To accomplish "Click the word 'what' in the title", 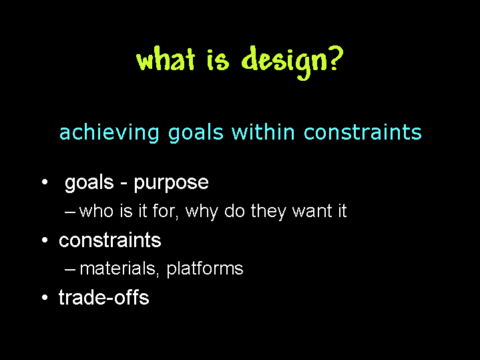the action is click(x=166, y=59).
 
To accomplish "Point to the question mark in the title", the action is click(x=336, y=59).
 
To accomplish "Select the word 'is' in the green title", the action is click(x=218, y=60).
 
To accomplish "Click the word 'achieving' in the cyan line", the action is click(x=109, y=133).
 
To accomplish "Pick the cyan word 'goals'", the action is click(x=196, y=133).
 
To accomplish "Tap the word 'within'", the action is click(x=263, y=132).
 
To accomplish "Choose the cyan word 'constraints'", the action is click(x=363, y=132).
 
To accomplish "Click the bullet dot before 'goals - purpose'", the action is click(x=45, y=182).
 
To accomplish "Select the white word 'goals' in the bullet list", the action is click(x=89, y=183).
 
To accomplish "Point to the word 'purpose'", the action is click(x=171, y=184).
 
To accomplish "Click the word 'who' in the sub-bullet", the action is click(x=96, y=211).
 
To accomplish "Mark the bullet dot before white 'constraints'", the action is click(x=45, y=240).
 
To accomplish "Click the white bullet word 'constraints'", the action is click(x=110, y=240).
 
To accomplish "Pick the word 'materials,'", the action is click(x=119, y=268).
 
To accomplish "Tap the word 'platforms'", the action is click(x=205, y=269).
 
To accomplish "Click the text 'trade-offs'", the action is click(x=103, y=297).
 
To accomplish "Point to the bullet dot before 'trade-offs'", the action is click(x=45, y=297).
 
